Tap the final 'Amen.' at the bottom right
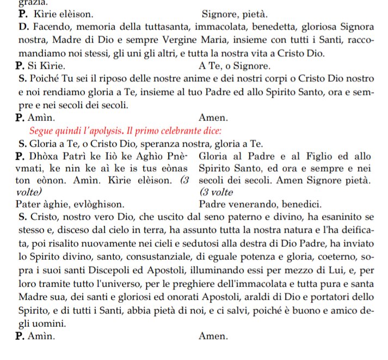pyautogui.click(x=213, y=336)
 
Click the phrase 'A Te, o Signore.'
pyautogui.click(x=235, y=66)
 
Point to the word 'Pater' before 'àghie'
pyautogui.click(x=28, y=205)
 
